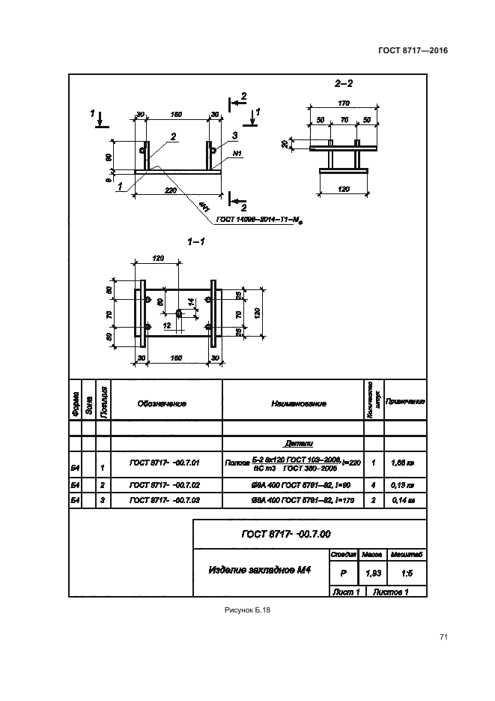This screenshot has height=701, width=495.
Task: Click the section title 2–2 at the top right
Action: pos(344,84)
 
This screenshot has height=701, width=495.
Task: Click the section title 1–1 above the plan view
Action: pos(196,241)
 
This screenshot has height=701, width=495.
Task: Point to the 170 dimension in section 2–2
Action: pos(344,103)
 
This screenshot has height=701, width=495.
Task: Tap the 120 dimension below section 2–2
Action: pos(344,189)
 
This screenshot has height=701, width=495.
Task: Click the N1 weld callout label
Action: pos(237,153)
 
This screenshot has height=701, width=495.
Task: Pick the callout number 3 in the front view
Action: pos(234,135)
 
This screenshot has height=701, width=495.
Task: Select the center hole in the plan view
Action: pos(177,312)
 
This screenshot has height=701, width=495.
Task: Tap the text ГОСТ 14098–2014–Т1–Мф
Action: pos(263,220)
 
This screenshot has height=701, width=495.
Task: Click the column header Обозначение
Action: pos(161,403)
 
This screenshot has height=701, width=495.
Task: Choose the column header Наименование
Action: pos(298,403)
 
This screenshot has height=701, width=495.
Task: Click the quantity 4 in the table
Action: pos(373,485)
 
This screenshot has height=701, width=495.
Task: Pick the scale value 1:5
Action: pos(407,574)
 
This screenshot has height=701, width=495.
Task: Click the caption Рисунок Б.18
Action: pos(247,610)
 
